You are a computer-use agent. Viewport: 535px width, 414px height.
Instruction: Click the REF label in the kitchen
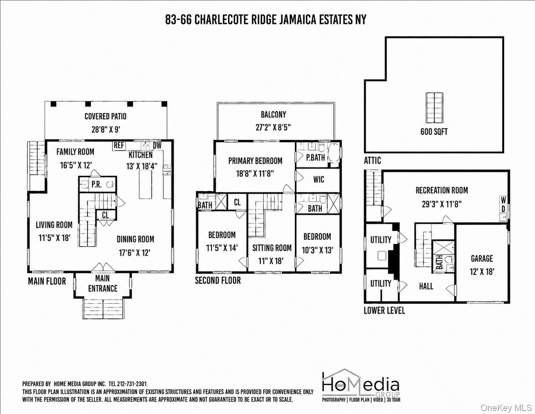pos(119,145)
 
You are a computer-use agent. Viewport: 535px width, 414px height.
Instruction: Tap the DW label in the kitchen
pos(157,146)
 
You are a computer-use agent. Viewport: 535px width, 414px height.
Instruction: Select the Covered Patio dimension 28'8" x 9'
pos(106,129)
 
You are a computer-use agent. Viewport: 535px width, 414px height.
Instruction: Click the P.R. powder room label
pos(96,184)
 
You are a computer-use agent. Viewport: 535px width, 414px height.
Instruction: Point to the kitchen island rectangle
pos(145,184)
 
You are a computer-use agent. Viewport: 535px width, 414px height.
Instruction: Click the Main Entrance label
pos(103,283)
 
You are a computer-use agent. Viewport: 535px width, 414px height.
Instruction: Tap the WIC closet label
pos(319,179)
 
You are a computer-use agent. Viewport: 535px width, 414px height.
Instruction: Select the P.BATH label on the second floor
pos(316,158)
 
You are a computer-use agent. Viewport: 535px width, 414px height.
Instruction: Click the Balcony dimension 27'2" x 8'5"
pos(273,127)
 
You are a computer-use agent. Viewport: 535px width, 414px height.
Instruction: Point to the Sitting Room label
pos(272,248)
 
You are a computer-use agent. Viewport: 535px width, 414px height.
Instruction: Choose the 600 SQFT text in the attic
pos(434,132)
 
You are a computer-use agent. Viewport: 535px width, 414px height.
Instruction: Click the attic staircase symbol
pos(434,108)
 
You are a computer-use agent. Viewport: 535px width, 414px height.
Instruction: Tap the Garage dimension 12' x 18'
pos(482,272)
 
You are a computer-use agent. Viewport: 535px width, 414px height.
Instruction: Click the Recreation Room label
pos(442,190)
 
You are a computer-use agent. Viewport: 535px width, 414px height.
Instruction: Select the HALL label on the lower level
pos(426,286)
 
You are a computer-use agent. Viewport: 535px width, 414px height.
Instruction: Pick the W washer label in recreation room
pos(503,200)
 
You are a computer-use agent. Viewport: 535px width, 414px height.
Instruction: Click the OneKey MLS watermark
pos(506,408)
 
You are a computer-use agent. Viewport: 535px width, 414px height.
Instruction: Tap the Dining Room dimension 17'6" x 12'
pos(134,253)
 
